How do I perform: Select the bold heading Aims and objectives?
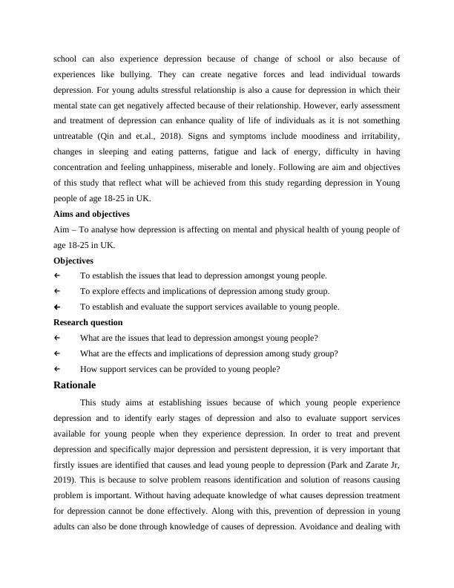(x=91, y=214)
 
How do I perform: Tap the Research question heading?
(x=88, y=322)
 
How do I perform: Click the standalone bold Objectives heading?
(x=73, y=261)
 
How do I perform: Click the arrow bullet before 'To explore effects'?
(x=57, y=291)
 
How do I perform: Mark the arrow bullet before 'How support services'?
(x=57, y=368)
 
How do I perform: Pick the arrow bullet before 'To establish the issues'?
(x=57, y=275)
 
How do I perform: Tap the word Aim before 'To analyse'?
(x=63, y=229)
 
